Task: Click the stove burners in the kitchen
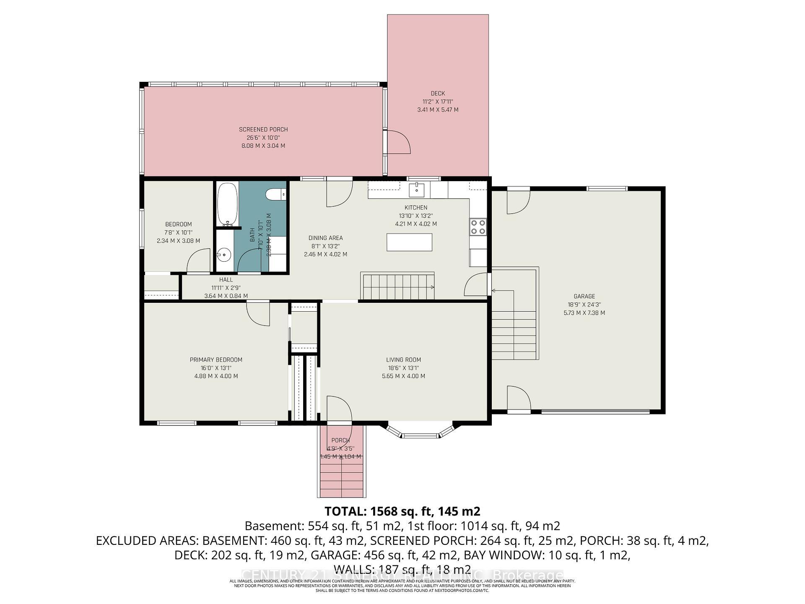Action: [478, 227]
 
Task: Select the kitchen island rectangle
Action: [409, 242]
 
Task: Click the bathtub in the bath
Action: [227, 205]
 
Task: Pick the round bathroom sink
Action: [224, 254]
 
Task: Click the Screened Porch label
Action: [263, 129]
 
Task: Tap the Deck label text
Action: [438, 94]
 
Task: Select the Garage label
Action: [584, 296]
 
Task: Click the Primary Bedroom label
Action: [216, 359]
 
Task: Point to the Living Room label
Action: [403, 359]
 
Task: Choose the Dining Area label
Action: [325, 238]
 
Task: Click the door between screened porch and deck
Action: [397, 143]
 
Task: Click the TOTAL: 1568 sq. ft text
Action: [402, 511]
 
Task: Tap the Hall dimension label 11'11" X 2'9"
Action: [226, 288]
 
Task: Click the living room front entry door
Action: [339, 409]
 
